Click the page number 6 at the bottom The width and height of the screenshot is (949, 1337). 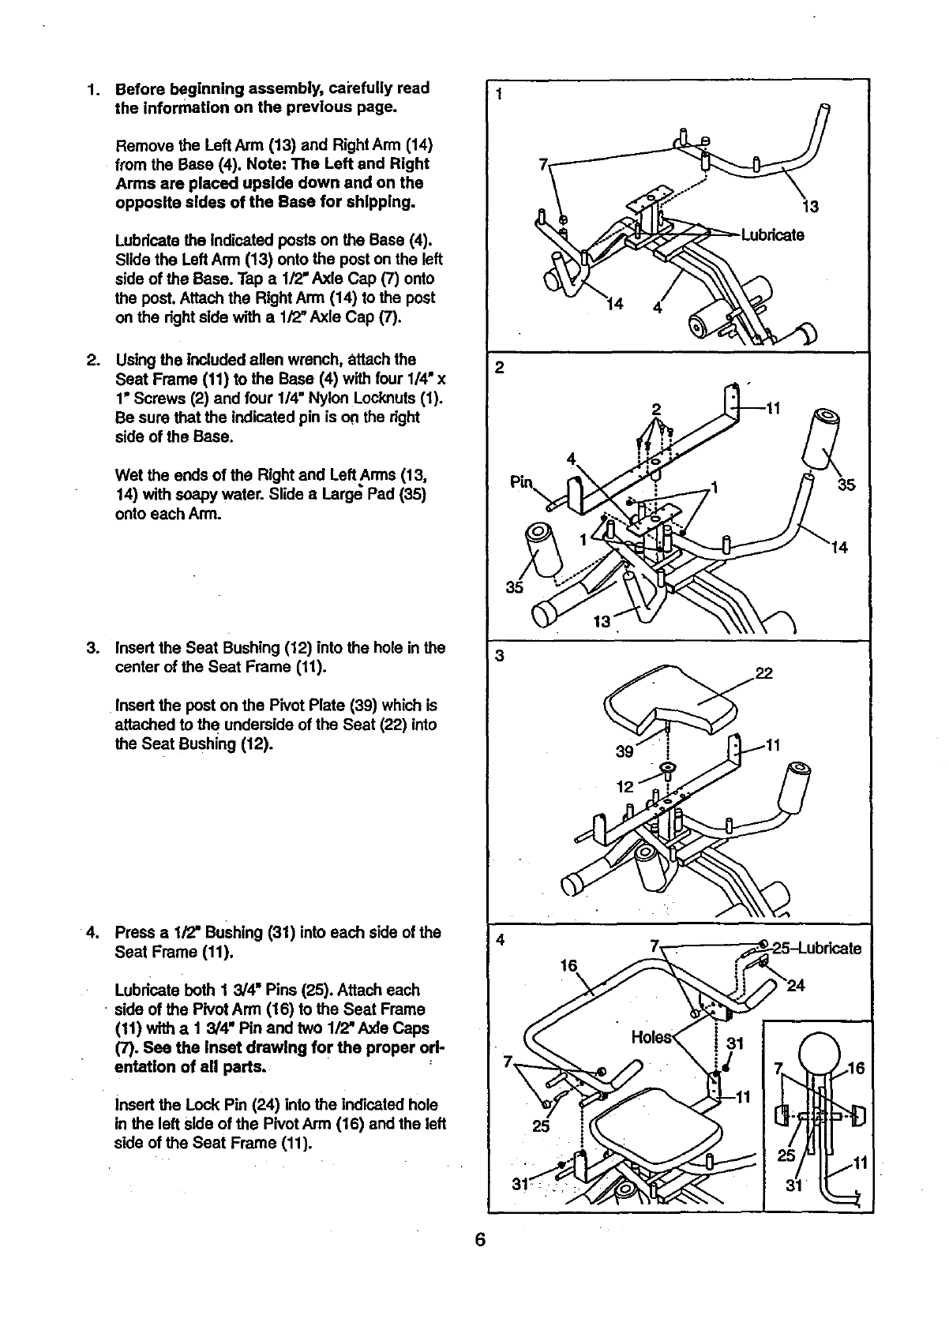coord(479,1239)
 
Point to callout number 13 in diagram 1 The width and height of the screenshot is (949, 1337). coord(810,207)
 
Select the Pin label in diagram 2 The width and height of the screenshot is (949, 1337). coord(522,481)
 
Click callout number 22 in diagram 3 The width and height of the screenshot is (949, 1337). coord(763,672)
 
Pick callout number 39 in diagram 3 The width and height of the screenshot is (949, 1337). coord(625,751)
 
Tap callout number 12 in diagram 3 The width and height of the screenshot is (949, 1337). coord(625,786)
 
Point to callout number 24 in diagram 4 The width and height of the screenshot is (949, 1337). coord(796,985)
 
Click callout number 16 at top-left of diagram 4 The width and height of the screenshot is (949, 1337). coord(568,966)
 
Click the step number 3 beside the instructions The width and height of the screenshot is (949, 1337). coord(92,648)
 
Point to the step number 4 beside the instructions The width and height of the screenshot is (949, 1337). coord(92,932)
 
